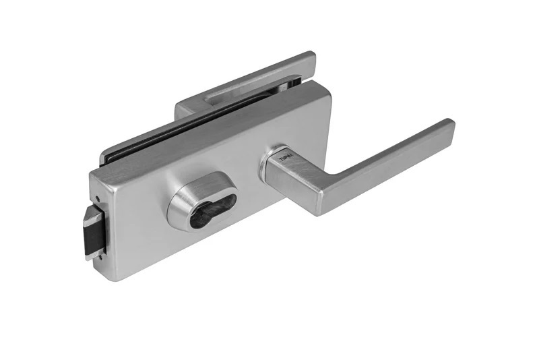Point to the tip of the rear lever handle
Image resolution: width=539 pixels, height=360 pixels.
click(x=309, y=57)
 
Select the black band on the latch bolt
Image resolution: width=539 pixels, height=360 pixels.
click(x=92, y=233)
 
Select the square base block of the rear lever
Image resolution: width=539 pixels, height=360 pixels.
click(x=192, y=108)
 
